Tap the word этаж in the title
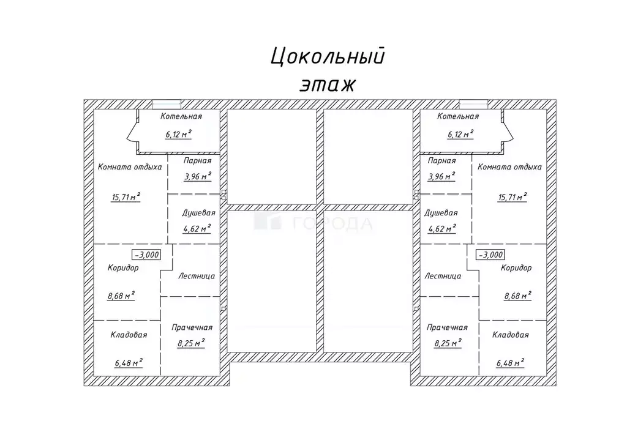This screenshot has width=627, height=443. (327, 84)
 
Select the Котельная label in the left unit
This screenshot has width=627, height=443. (181, 116)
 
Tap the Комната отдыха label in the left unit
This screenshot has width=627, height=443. (130, 166)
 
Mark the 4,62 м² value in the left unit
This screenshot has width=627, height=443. (197, 229)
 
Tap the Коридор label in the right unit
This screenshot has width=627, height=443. (516, 267)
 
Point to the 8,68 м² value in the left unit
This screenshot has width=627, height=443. (121, 296)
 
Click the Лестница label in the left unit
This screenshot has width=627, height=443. (197, 276)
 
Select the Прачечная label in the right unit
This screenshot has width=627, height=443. (448, 327)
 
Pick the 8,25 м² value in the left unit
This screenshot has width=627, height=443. (191, 343)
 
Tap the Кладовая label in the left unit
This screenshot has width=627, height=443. (129, 335)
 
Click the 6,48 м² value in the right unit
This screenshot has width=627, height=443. (511, 363)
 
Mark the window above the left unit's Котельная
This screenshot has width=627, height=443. (166, 103)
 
